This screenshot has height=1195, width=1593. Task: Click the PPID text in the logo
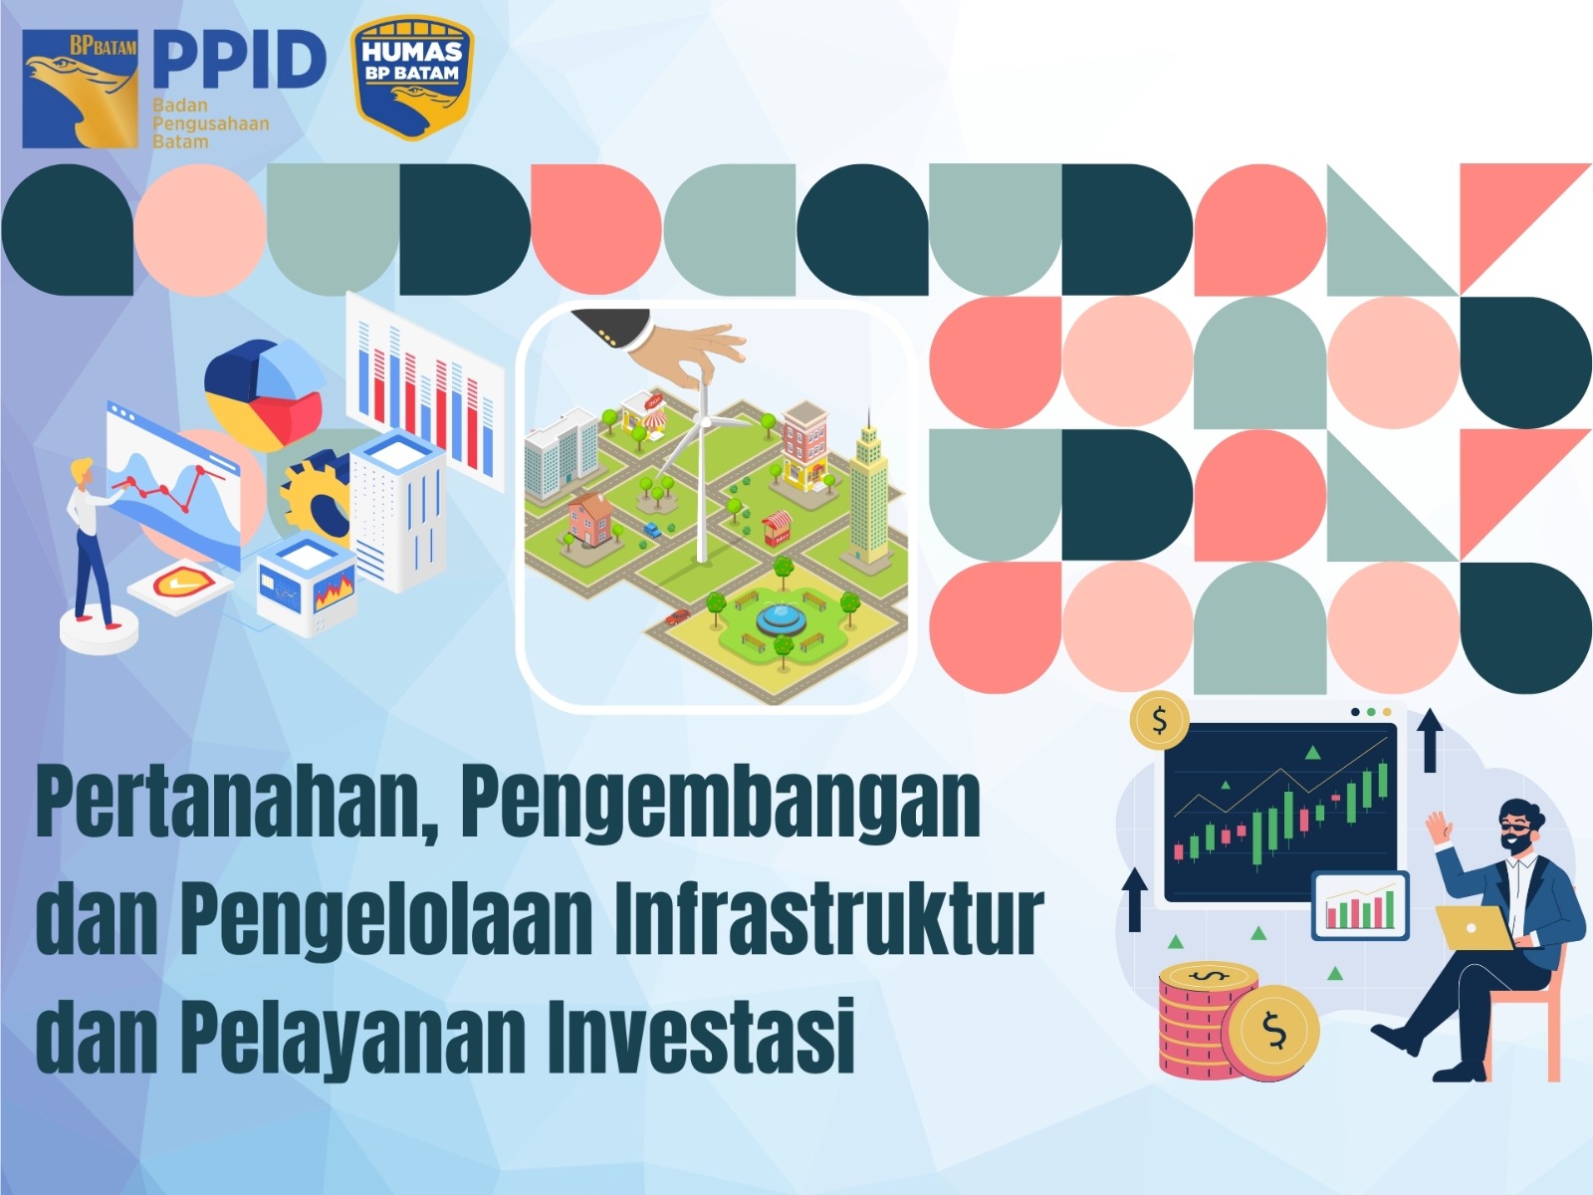click(x=240, y=61)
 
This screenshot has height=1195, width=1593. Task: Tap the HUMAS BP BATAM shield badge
click(x=411, y=77)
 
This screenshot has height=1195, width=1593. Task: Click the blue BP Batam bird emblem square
click(x=80, y=89)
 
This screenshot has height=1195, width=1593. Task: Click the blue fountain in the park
click(x=781, y=621)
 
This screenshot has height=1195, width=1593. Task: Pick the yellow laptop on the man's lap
click(x=1474, y=928)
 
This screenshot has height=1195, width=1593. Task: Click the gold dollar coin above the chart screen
click(x=1159, y=721)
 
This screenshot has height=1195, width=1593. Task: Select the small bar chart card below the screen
click(x=1360, y=905)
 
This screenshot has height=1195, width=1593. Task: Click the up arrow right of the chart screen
click(x=1430, y=740)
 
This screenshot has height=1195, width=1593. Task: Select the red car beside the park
click(x=677, y=616)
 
